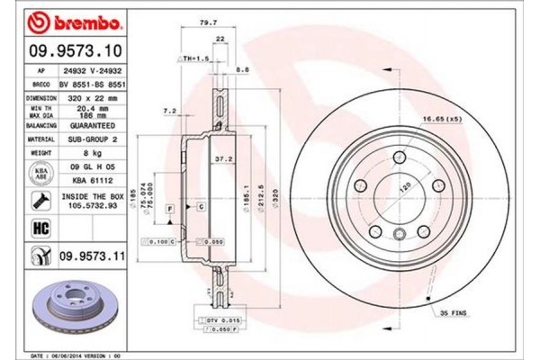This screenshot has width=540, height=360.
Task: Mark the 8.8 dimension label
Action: click(242, 68)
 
